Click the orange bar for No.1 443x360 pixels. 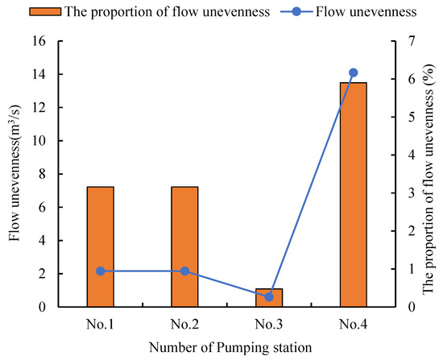tap(100, 246)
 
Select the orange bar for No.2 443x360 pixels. tap(184, 246)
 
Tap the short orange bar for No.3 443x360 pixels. tap(269, 298)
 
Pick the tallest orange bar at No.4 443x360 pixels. tap(353, 195)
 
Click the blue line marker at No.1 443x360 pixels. tap(100, 271)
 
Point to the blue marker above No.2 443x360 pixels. tap(184, 271)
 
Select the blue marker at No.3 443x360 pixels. tap(269, 297)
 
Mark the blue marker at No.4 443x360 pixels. tap(353, 72)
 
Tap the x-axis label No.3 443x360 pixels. tap(269, 325)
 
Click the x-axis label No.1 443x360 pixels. tap(100, 325)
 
